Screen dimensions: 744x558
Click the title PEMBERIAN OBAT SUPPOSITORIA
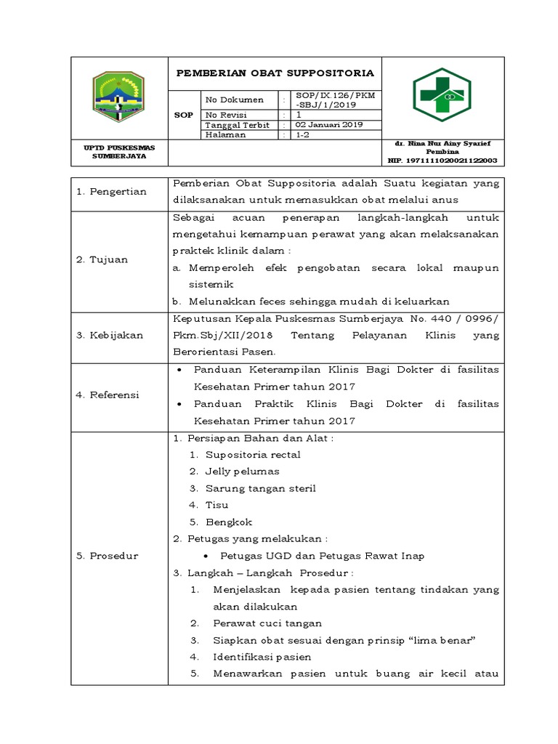coord(275,73)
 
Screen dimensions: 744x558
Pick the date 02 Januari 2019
coord(326,125)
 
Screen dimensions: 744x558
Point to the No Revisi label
coord(225,115)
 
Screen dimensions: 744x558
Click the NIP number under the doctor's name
coord(442,160)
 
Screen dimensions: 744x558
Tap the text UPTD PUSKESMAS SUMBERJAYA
coord(119,151)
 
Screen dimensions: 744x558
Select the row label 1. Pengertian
coord(112,192)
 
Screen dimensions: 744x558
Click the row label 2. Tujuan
coord(102,259)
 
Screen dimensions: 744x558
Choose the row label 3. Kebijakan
coord(110,335)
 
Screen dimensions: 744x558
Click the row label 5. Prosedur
coord(108,556)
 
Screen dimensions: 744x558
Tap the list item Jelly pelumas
coord(242,472)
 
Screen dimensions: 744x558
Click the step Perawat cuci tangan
coord(267,623)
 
